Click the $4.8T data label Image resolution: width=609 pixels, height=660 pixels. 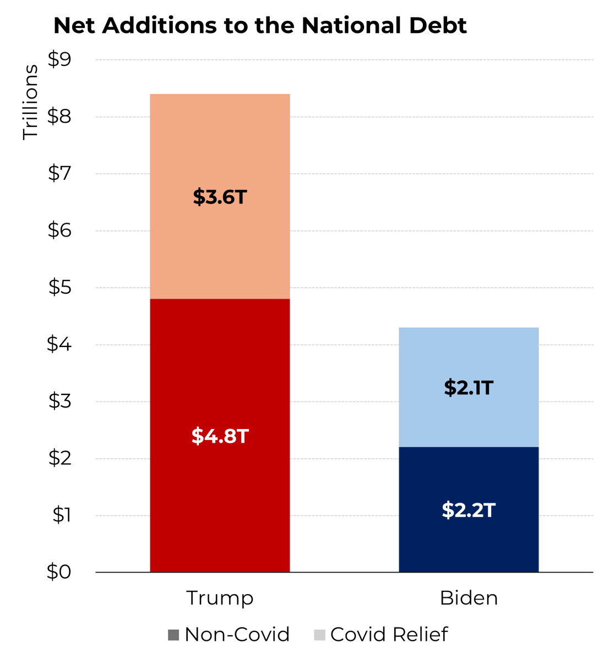pyautogui.click(x=220, y=436)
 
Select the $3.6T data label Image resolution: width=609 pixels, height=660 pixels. pyautogui.click(x=220, y=197)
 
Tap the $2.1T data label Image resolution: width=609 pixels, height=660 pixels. pyautogui.click(x=469, y=388)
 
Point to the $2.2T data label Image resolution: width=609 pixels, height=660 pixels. pyautogui.click(x=469, y=510)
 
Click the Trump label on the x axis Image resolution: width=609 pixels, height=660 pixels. pyautogui.click(x=220, y=598)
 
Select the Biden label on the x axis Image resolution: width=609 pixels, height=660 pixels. pyautogui.click(x=469, y=598)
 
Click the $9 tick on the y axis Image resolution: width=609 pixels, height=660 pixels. pyautogui.click(x=59, y=59)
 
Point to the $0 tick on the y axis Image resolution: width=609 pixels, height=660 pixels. pyautogui.click(x=59, y=572)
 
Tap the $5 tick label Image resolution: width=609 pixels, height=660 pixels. pyautogui.click(x=59, y=287)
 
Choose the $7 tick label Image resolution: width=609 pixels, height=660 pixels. pyautogui.click(x=59, y=173)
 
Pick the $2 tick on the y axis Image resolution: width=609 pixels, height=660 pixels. pyautogui.click(x=59, y=458)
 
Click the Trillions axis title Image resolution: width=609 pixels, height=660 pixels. pyautogui.click(x=30, y=102)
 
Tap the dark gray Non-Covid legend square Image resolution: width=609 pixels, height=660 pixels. pyautogui.click(x=173, y=635)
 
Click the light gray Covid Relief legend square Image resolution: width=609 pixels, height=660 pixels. pyautogui.click(x=319, y=635)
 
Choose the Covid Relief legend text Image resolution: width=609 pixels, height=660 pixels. pyautogui.click(x=389, y=635)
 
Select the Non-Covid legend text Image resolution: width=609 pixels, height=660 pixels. pyautogui.click(x=237, y=635)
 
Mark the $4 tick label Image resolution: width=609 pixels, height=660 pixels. pyautogui.click(x=59, y=344)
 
